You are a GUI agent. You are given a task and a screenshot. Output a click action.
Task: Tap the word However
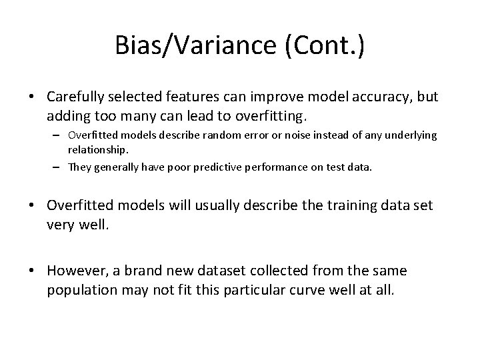pyautogui.click(x=76, y=272)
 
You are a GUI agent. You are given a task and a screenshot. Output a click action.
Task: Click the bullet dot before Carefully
pyautogui.click(x=32, y=97)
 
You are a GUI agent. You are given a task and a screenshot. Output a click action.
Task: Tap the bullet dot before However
pyautogui.click(x=32, y=272)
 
